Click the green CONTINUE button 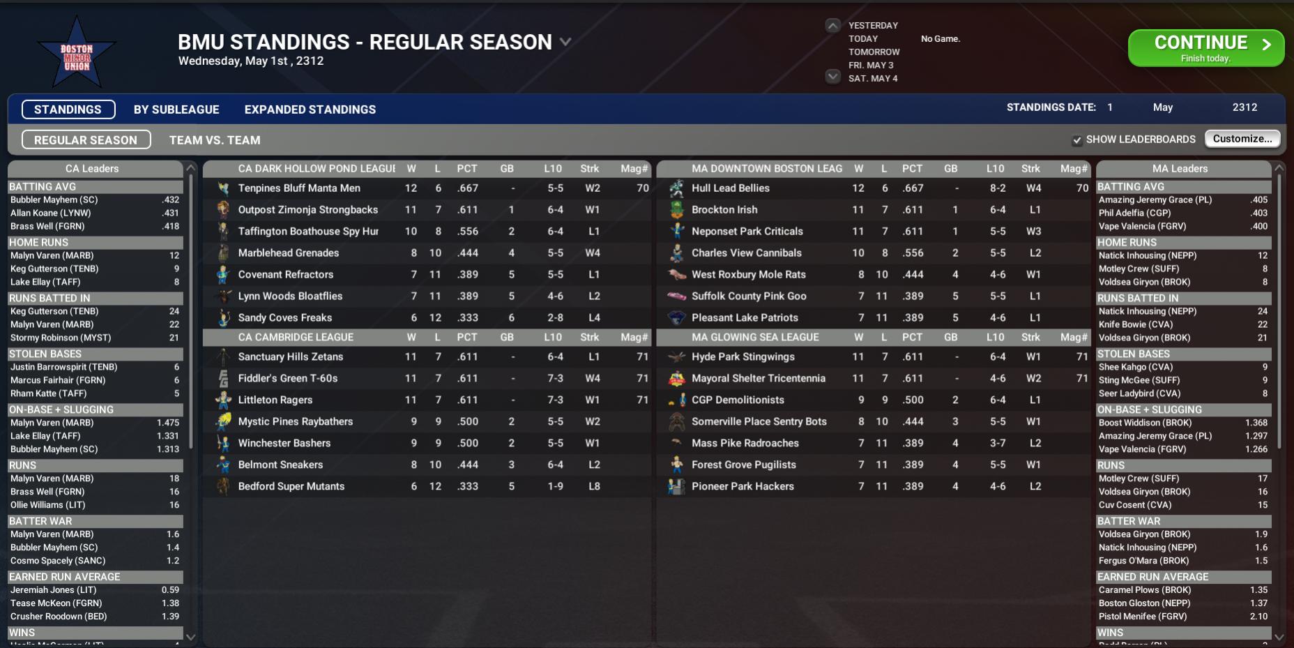coord(1205,48)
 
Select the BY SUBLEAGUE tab coord(176,110)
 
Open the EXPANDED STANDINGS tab coord(310,110)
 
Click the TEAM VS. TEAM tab coord(215,140)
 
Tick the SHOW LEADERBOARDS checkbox coord(1077,140)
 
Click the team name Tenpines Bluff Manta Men coord(299,188)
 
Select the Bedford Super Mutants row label coord(291,486)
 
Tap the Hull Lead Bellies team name coord(730,188)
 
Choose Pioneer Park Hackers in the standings coord(743,486)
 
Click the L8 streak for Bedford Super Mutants coord(594,486)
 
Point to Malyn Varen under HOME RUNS coord(52,255)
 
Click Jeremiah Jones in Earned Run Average coord(53,590)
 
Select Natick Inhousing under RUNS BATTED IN coord(1147,311)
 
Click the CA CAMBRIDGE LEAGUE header coord(296,338)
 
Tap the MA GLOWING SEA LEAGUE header coord(755,338)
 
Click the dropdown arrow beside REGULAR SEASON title coord(565,42)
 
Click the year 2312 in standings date coord(1244,107)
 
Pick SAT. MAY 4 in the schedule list coord(873,78)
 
